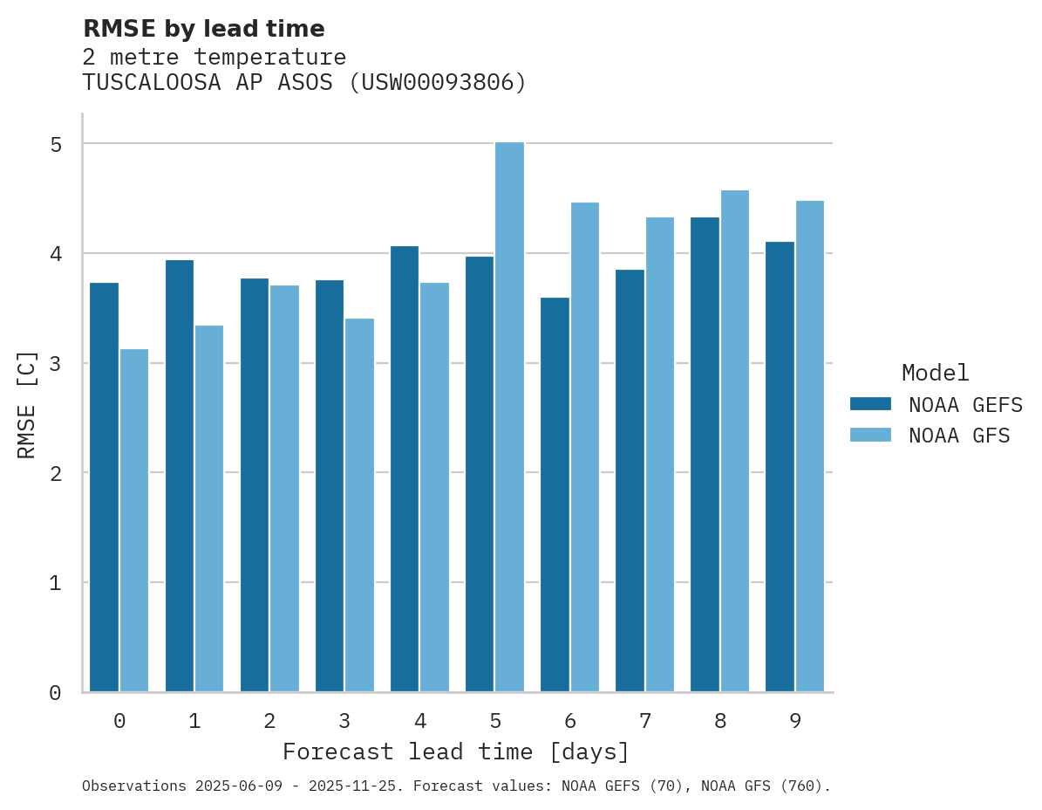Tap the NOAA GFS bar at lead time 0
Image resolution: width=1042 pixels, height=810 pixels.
[134, 520]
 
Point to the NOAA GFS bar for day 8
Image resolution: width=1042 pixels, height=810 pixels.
[735, 441]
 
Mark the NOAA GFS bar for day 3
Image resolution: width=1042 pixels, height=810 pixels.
[359, 505]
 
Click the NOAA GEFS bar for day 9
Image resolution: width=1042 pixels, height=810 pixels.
[780, 467]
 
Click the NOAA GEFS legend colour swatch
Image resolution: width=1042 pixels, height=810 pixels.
[870, 404]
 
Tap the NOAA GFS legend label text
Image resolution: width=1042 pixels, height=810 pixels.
[959, 436]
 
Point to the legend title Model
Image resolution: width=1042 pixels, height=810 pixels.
[935, 373]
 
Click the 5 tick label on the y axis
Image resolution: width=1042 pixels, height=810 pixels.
[56, 144]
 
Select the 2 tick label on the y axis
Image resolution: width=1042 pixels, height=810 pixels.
[56, 473]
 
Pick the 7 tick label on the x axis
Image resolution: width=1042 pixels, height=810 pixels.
[645, 721]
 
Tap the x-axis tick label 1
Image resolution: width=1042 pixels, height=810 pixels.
[194, 721]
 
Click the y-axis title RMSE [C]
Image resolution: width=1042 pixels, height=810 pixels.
[27, 404]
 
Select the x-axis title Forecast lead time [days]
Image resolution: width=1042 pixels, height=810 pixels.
[456, 752]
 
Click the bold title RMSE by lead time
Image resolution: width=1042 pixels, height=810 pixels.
[204, 29]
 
